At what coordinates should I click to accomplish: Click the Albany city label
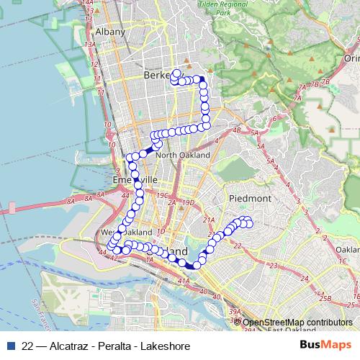pos(110,32)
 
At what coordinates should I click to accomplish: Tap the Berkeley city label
pos(160,75)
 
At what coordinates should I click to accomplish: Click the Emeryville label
pos(135,180)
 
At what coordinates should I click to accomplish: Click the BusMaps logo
pos(326,346)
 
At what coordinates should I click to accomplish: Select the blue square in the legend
pos(12,346)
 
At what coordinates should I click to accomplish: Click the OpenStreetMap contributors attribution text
pos(296,322)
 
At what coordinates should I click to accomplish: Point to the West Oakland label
pos(126,233)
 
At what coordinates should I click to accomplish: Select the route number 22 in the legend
pos(28,346)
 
